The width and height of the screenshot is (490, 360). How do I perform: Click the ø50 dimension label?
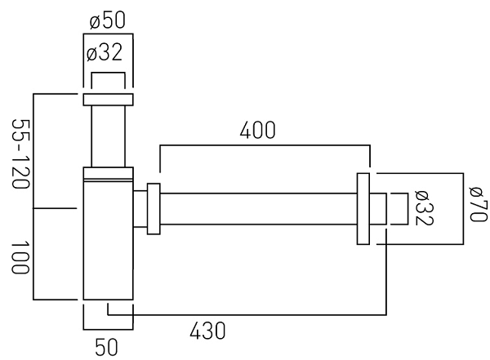[x=108, y=20]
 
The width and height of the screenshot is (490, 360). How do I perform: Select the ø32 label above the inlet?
[x=105, y=52]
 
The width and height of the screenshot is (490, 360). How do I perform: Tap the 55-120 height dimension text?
[x=20, y=153]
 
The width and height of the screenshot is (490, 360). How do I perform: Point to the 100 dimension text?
[x=20, y=257]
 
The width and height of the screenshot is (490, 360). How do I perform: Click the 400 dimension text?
[x=258, y=130]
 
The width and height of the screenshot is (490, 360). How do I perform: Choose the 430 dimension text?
[x=207, y=331]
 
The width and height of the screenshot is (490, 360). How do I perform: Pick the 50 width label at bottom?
[x=106, y=347]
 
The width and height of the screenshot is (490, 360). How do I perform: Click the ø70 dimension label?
[x=479, y=204]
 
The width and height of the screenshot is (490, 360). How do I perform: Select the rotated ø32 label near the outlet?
[x=424, y=208]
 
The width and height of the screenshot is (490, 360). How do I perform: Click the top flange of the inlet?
[x=108, y=100]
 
